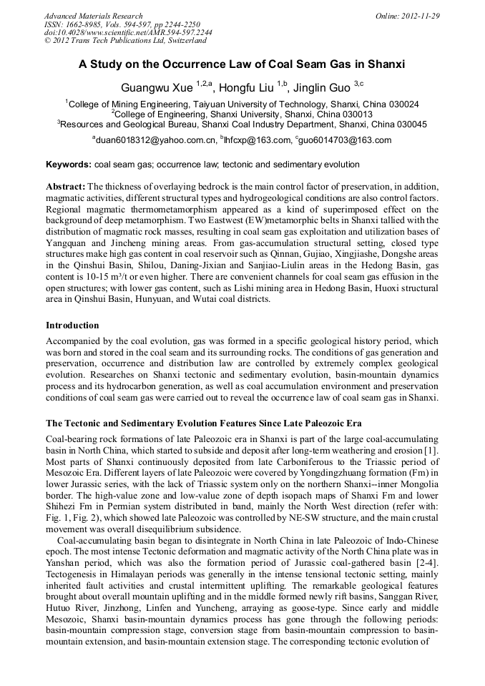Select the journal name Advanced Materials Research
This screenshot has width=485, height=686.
(94, 16)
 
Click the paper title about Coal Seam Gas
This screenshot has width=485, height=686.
(242, 64)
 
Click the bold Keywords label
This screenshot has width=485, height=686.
(69, 165)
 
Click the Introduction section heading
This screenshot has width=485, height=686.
(74, 325)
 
